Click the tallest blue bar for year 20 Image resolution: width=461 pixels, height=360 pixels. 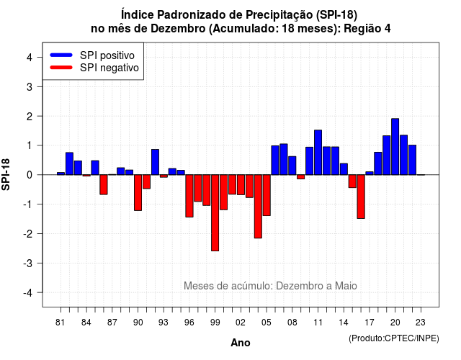point(395,147)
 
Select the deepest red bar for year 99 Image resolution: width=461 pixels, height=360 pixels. point(215,213)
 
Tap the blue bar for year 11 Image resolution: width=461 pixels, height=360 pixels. point(318,152)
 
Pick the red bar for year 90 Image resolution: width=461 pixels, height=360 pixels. point(138,193)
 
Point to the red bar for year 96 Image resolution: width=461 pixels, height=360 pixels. point(189,196)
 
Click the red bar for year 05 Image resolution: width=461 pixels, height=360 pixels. point(267,195)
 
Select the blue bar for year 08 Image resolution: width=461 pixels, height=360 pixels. point(292,166)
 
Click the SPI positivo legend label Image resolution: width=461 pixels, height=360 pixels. point(107,55)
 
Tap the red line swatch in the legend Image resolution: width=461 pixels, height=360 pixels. point(61,67)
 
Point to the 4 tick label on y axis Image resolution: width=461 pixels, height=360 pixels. point(30,58)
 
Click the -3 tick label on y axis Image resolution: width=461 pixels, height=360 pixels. point(28,263)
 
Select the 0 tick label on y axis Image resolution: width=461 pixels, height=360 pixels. point(30,175)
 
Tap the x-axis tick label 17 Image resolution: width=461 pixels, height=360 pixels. point(370,323)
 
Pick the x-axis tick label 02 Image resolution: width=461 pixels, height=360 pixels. point(241,323)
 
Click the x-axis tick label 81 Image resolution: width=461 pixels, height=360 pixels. point(61,323)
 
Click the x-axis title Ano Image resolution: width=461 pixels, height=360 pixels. point(241,343)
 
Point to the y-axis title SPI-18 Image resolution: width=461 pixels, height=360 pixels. point(6,174)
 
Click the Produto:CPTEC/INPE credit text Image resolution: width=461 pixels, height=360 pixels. point(394,338)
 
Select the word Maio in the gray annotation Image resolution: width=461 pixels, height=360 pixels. point(346,286)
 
